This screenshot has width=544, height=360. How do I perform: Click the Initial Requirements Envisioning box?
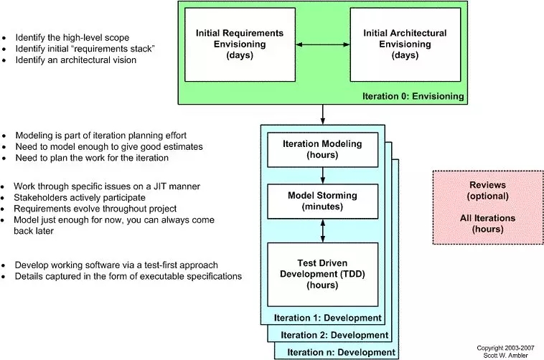240,44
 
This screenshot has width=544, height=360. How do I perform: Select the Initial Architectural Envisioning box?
405,44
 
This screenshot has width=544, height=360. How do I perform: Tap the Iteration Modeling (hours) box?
323,150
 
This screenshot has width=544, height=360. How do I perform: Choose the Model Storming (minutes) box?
323,202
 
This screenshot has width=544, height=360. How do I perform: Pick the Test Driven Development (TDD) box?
323,275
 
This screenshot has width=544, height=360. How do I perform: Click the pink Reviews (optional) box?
488,207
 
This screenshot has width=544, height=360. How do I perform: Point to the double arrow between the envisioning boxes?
323,44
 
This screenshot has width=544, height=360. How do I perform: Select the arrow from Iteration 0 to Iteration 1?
323,115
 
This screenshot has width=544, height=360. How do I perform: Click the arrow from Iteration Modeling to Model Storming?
323,176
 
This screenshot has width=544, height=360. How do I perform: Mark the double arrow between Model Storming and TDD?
323,231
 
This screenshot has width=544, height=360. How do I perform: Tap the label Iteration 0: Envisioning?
413,96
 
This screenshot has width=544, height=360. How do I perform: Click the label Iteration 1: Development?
328,318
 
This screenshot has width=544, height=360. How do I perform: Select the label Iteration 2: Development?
334,335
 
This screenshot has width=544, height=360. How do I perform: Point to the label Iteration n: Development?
341,352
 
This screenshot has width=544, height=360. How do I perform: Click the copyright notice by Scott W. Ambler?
505,351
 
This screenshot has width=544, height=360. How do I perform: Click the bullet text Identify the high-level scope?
72,37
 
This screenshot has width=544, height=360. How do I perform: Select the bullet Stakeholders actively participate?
80,198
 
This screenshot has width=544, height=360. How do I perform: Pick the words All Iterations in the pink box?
488,218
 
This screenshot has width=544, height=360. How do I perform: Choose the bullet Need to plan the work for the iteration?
92,158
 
